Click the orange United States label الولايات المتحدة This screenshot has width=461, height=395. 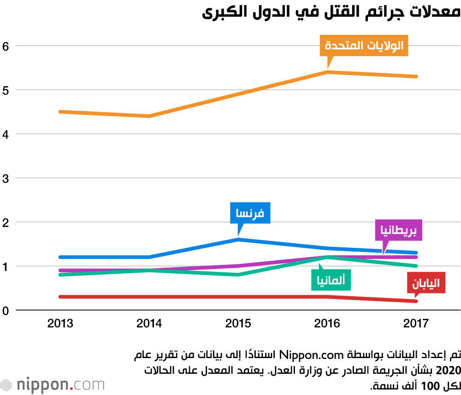pos(364,46)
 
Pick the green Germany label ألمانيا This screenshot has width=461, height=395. pos(331,280)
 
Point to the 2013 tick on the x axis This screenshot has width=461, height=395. pos(60,323)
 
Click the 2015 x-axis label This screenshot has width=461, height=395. pos(238,323)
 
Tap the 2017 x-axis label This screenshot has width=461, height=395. pos(416,323)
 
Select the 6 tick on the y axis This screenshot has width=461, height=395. pos(6,46)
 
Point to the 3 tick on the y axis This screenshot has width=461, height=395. pos(6,178)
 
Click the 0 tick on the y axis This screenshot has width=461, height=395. pos(6,311)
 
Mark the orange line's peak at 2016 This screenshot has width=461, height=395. pos(327,72)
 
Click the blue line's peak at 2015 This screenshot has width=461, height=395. pos(238,239)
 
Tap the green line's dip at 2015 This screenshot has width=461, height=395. pos(238,275)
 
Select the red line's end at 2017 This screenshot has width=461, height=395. pos(416,301)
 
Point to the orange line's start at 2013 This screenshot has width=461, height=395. pos(60,112)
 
